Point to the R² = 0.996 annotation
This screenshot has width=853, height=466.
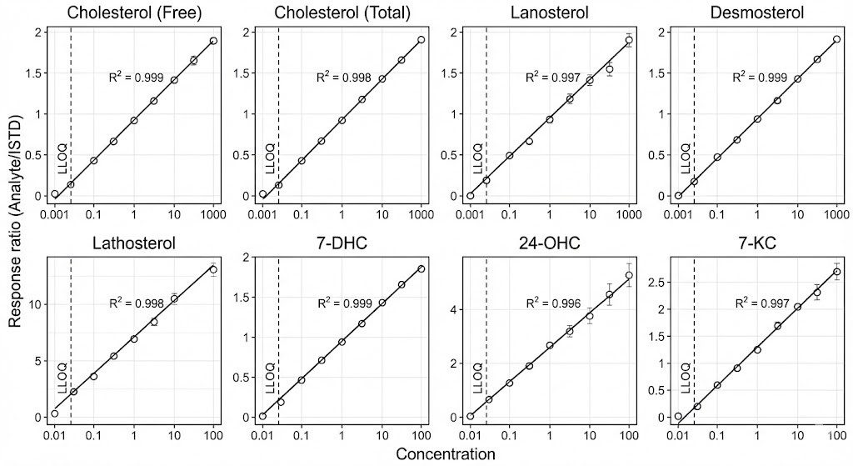pyautogui.click(x=552, y=303)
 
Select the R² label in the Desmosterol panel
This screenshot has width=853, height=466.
pyautogui.click(x=759, y=77)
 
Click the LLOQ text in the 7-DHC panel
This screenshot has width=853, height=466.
pyautogui.click(x=269, y=378)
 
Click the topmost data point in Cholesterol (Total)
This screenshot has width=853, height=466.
pyautogui.click(x=421, y=39)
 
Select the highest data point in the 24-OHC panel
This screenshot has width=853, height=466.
pyautogui.click(x=629, y=275)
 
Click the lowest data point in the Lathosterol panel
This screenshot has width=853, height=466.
pyautogui.click(x=55, y=413)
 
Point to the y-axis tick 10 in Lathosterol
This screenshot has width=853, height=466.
pyautogui.click(x=34, y=304)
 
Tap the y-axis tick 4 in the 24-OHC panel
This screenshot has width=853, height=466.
pyautogui.click(x=455, y=310)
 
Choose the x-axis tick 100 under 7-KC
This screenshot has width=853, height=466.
pyautogui.click(x=836, y=434)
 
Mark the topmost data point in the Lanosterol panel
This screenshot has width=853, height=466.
pyautogui.click(x=629, y=40)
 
